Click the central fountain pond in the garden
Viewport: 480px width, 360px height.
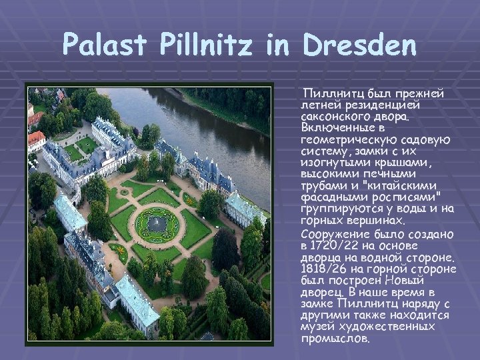[157, 224]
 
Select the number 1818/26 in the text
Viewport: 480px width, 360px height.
[323, 269]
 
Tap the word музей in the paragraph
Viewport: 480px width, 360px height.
[317, 327]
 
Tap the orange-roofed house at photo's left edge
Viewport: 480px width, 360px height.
[36, 140]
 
